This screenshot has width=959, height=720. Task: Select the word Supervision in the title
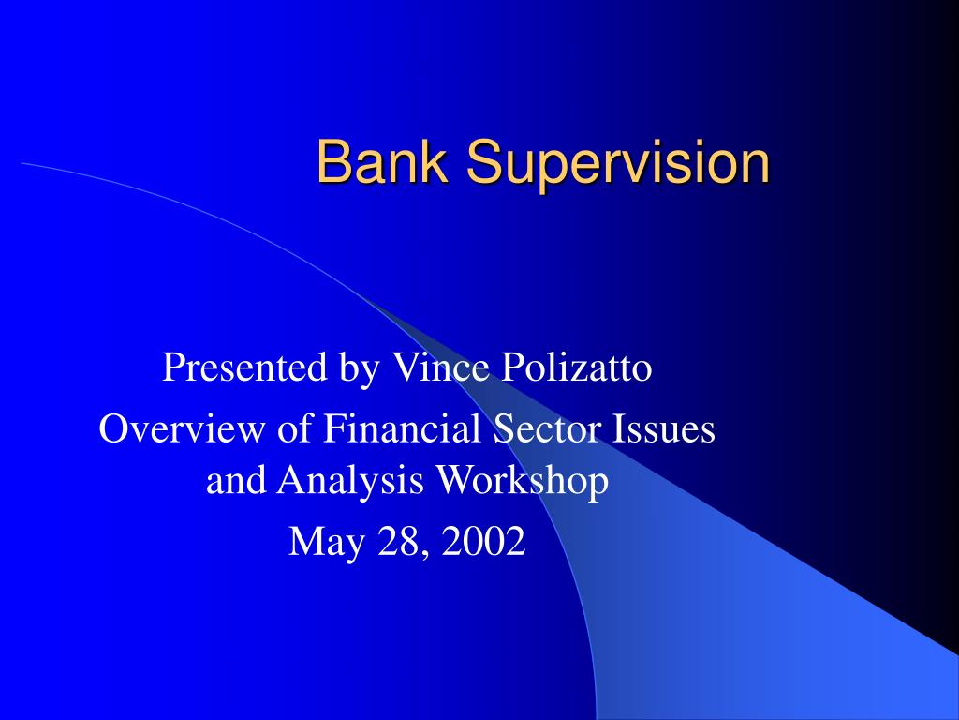pyautogui.click(x=619, y=162)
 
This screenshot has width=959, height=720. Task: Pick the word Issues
pyautogui.click(x=665, y=429)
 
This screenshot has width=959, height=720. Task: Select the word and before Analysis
pyautogui.click(x=236, y=481)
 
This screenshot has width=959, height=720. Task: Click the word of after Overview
pyautogui.click(x=296, y=429)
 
